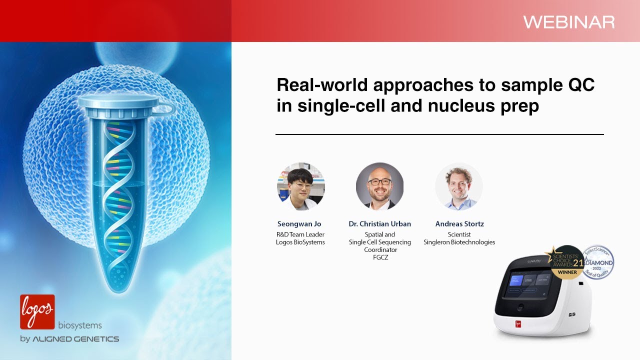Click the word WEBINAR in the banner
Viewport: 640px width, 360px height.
pos(568,22)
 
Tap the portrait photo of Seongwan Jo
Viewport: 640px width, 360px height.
pos(301,186)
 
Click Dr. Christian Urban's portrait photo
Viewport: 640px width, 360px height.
pos(379,186)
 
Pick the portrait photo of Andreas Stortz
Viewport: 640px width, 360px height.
pos(459,186)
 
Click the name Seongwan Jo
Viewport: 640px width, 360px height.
pos(299,224)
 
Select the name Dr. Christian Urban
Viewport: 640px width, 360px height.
pos(379,224)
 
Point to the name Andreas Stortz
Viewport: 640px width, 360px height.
pos(459,224)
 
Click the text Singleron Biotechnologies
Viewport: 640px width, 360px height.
pos(459,242)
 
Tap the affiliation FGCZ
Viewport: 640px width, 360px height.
pos(379,257)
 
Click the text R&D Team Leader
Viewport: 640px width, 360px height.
pos(300,234)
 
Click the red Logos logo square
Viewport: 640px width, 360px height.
pos(37,311)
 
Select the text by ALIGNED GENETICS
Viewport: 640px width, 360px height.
pos(69,339)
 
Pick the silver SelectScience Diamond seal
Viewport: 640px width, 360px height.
pos(597,262)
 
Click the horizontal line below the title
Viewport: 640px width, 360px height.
pos(439,134)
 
